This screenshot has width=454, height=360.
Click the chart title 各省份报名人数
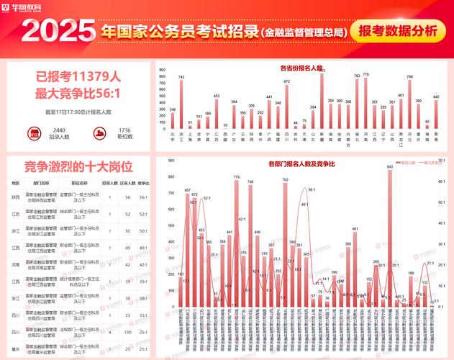[301, 68]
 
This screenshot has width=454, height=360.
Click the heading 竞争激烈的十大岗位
[78, 166]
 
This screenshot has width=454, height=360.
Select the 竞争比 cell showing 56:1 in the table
[143, 197]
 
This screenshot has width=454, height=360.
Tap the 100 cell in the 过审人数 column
[127, 332]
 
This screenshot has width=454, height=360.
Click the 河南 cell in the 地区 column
[15, 264]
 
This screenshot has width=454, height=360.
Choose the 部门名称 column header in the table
[42, 184]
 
